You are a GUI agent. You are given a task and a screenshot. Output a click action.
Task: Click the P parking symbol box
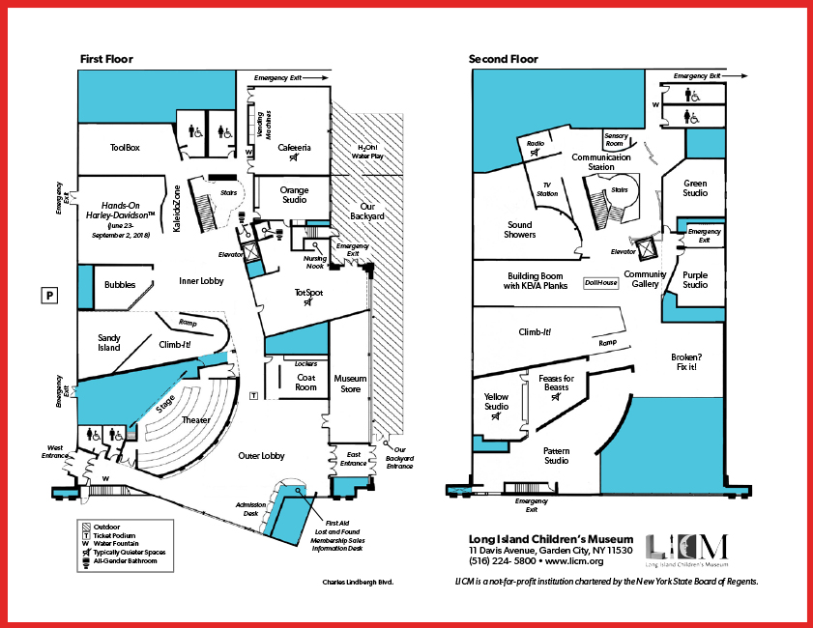pos(49,296)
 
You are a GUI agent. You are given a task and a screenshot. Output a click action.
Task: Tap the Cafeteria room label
pos(294,148)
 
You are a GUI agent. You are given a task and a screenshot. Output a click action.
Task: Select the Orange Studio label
pos(294,195)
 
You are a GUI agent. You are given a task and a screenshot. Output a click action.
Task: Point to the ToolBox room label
pos(125,148)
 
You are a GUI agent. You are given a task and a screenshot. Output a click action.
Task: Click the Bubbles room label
pos(120,284)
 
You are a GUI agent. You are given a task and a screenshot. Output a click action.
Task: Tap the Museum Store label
pos(350,384)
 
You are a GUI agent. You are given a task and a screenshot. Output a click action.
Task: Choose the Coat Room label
pos(305,383)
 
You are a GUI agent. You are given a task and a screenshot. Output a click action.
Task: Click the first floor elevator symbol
pos(251,252)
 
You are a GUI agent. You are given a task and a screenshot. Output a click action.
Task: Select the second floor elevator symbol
pos(647,248)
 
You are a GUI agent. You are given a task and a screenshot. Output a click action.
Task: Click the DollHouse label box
pos(601,283)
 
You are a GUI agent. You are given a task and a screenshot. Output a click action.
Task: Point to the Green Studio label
pos(695,188)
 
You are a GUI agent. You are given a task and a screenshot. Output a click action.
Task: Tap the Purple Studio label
pos(695,280)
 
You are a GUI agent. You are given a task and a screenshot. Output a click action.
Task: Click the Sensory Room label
pos(616,139)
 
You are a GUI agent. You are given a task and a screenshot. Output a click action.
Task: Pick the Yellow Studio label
pos(496,402)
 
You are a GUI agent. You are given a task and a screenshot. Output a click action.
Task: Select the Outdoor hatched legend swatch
pos(87,527)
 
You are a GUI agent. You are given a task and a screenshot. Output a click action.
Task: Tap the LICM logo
pos(687,551)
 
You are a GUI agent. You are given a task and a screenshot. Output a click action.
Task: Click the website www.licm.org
pos(574,561)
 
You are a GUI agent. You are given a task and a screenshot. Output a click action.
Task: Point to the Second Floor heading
pos(504,59)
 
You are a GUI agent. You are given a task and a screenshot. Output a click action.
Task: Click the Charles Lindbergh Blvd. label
pos(358,582)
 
